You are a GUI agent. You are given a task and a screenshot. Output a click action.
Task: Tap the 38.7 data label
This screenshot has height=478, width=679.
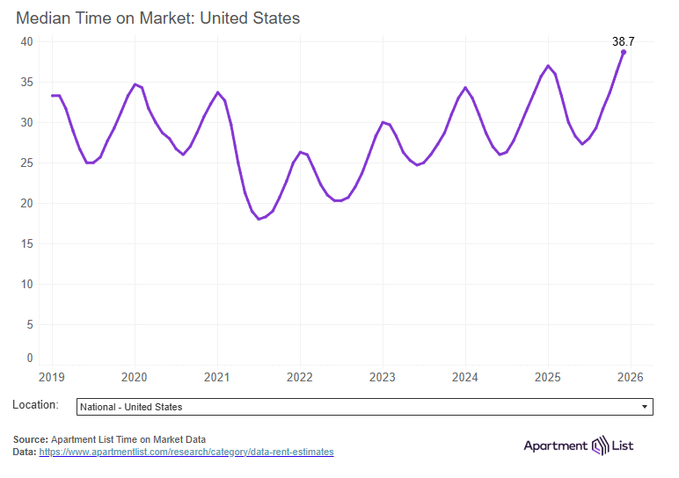coord(623,40)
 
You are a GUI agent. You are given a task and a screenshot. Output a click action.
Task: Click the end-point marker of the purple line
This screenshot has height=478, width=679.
coord(624,52)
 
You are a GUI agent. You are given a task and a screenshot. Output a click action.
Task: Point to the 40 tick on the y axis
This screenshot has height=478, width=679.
coord(26,41)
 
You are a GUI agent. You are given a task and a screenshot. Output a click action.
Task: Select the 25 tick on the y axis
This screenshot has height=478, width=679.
coord(26,163)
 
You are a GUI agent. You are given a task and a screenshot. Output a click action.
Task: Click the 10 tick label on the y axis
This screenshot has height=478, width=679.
coord(26,284)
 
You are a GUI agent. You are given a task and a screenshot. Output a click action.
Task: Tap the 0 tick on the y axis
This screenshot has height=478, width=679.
coord(29,358)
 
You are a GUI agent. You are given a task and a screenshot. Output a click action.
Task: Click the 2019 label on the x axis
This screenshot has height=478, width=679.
coord(52,376)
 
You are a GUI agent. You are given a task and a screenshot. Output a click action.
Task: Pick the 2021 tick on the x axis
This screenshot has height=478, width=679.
coord(217,376)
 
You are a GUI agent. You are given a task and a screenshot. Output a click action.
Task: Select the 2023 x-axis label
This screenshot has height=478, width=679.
coord(383,376)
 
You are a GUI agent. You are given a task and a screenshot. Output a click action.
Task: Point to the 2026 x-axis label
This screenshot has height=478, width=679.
coord(631,376)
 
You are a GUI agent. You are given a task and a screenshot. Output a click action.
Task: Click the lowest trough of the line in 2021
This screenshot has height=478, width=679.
coord(259,219)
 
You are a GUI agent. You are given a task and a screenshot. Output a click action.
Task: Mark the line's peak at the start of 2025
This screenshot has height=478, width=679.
coord(548,66)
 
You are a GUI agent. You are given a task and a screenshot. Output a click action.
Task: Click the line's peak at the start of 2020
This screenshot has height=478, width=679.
coord(135,84)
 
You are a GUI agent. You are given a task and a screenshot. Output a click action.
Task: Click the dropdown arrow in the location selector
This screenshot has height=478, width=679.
coord(645,407)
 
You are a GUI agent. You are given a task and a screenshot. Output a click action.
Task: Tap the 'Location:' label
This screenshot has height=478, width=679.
coord(36,405)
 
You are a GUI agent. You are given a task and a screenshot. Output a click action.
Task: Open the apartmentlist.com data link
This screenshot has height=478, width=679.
coord(186,452)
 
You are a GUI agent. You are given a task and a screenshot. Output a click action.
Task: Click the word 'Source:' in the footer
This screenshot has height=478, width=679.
coord(31,439)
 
